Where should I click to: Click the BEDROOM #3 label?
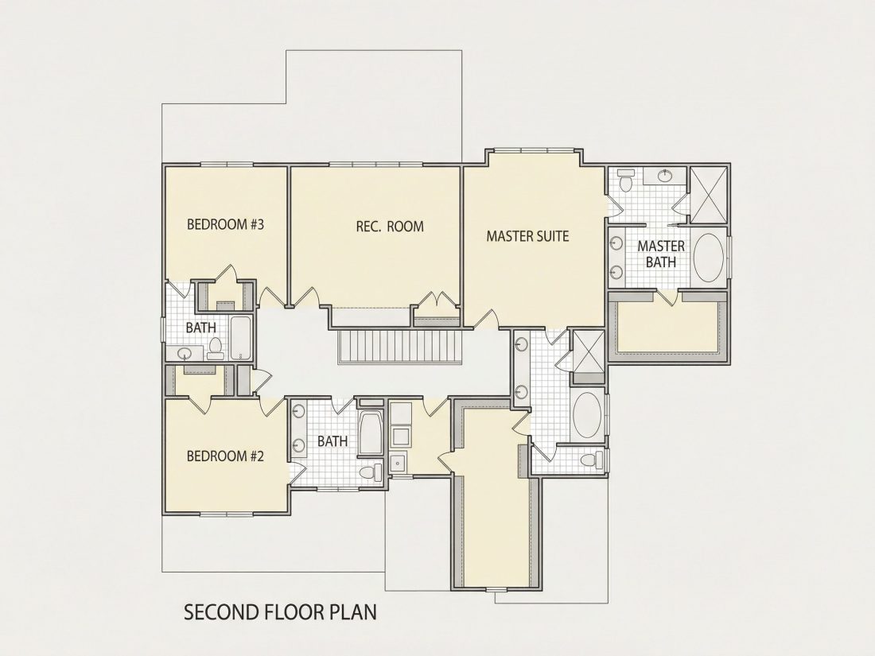coord(225,225)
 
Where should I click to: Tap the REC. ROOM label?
coord(390,227)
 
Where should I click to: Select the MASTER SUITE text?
coord(527,236)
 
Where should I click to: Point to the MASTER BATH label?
coord(661,254)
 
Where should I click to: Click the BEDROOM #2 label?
coord(225,456)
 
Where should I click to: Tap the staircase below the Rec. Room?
coord(399,347)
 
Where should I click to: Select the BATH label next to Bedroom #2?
coord(332,441)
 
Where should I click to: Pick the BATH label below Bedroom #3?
coord(201,328)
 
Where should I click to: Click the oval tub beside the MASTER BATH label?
coord(708,259)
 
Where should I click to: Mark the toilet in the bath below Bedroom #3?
coord(215,348)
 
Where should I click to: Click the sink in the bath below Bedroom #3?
coord(185,353)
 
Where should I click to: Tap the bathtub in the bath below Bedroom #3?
coord(240,338)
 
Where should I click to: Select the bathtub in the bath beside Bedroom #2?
coord(370,433)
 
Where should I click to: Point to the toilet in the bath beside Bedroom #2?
coord(370,472)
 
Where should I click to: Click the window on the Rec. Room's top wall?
coord(376,164)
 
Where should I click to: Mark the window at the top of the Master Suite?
coord(534,149)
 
